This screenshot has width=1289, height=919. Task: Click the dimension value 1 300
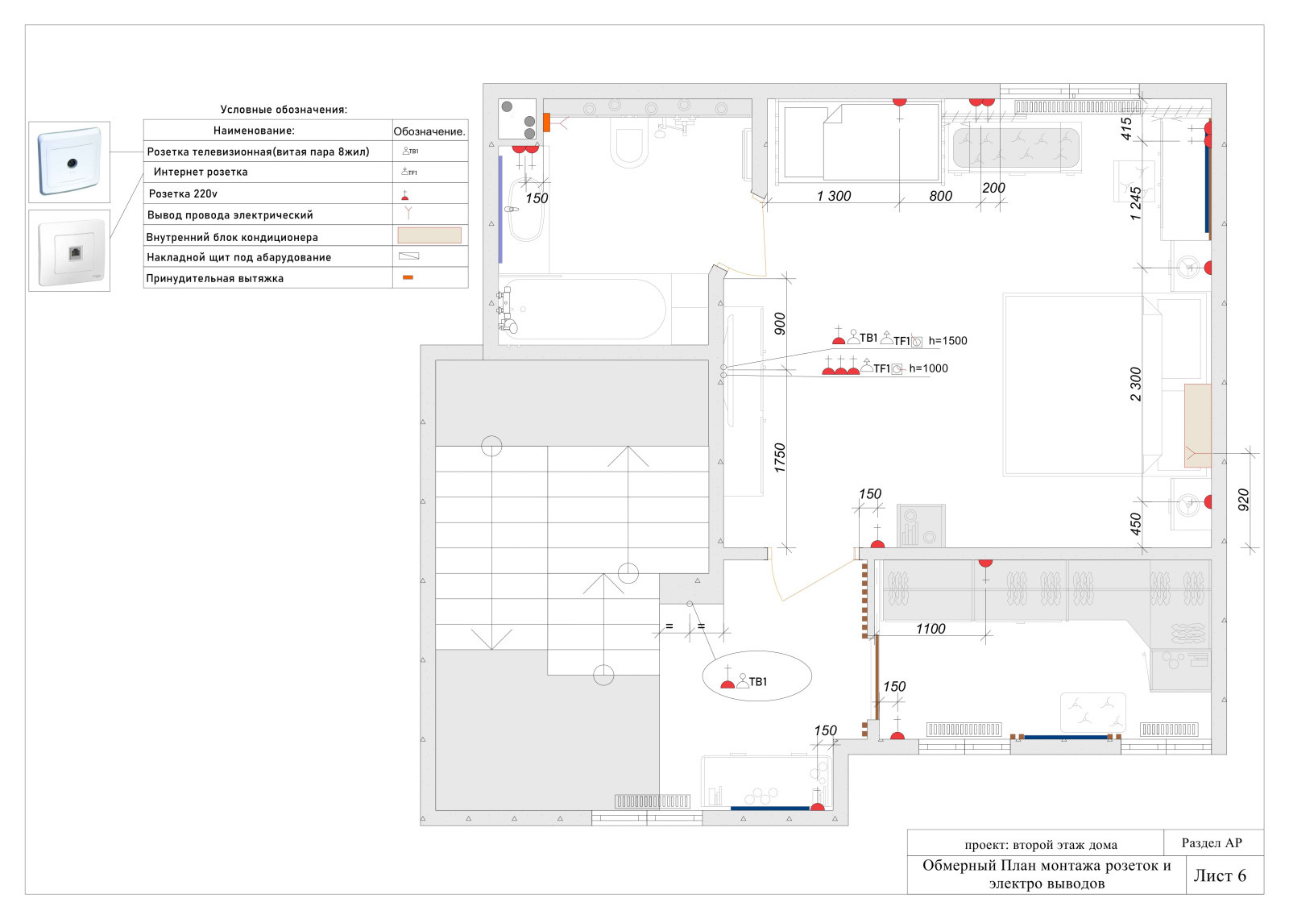[x=834, y=196]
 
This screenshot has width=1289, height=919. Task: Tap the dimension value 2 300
[x=1135, y=384]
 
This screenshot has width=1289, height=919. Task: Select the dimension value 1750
[x=780, y=458]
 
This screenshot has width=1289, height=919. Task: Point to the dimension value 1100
[x=930, y=629]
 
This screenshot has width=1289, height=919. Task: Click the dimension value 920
[x=1244, y=499]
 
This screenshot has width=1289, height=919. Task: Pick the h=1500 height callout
[x=947, y=340]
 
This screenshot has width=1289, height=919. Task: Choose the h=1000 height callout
[x=928, y=368]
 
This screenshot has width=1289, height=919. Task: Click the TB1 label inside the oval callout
[x=758, y=682]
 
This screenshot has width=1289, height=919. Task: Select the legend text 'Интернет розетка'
[x=201, y=172]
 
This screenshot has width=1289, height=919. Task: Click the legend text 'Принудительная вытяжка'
[x=214, y=278]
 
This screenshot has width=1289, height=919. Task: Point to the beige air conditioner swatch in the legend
[x=429, y=235]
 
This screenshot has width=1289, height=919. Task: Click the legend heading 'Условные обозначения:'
[x=284, y=110]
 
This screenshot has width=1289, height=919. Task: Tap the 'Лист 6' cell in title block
[x=1220, y=875]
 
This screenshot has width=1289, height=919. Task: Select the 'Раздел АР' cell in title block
[x=1212, y=842]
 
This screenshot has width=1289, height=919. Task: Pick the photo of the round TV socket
[x=69, y=162]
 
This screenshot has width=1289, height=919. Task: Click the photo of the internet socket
[x=69, y=251]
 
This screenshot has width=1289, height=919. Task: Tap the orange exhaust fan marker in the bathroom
[x=547, y=123]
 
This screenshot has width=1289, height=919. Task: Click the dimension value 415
[x=1126, y=128]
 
